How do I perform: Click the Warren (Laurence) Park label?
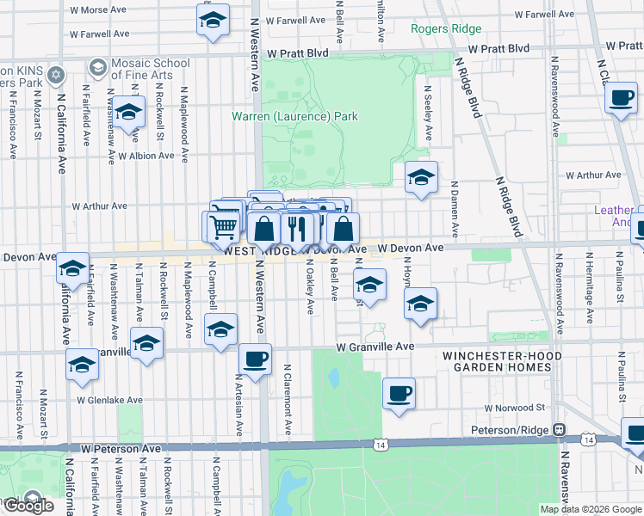294,116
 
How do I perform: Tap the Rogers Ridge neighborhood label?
446,28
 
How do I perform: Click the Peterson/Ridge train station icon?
559,429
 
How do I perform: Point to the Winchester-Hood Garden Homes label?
502,361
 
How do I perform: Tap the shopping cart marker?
223,226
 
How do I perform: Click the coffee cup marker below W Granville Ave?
254,359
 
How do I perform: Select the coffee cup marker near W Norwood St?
399,393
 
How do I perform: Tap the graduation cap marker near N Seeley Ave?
420,177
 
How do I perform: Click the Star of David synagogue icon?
56,75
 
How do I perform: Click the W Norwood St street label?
515,408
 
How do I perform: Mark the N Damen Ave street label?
455,211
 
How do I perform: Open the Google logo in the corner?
28,506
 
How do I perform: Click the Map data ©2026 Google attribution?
591,509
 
